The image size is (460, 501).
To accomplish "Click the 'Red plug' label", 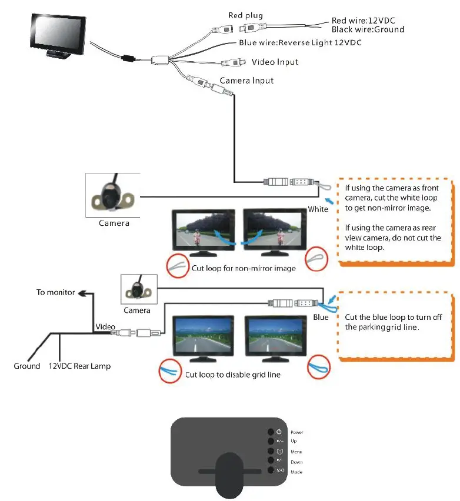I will [x=245, y=15].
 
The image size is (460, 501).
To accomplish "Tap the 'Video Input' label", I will [x=275, y=62].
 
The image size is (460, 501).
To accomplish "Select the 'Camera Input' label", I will [x=246, y=80].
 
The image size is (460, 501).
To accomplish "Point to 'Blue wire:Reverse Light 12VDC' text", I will [x=300, y=43].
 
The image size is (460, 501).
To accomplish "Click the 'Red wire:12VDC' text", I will [x=363, y=21].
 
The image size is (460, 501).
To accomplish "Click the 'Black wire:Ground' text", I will [x=368, y=29].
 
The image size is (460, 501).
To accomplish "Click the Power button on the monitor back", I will [x=271, y=432].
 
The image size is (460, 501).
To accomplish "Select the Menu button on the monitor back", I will [x=271, y=451].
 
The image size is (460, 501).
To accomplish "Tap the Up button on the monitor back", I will [x=271, y=441].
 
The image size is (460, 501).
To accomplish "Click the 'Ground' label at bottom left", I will [x=27, y=366].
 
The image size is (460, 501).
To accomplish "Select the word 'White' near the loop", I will [x=318, y=209].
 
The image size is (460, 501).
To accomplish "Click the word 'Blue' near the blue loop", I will [x=321, y=318].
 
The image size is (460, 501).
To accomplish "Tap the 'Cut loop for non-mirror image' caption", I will [x=244, y=269].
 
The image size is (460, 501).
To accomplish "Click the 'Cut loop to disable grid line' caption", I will [x=233, y=375].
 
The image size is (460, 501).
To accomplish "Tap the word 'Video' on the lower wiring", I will [x=105, y=326].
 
